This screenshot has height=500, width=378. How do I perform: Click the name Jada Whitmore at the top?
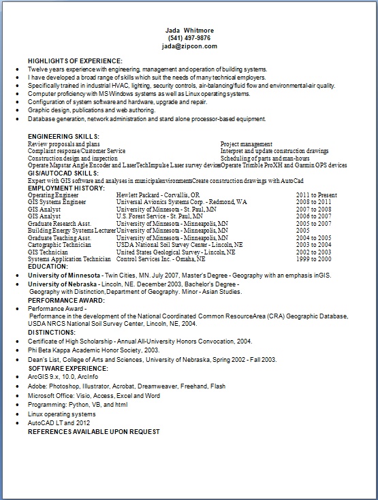tap(188, 30)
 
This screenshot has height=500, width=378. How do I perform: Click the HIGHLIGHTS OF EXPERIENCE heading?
tap(75, 61)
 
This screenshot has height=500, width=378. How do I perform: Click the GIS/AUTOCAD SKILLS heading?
tap(63, 173)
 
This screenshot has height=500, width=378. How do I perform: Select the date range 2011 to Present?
tap(317, 195)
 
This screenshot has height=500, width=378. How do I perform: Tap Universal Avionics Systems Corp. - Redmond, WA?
tap(182, 202)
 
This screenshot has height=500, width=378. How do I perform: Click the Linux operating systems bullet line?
tap(61, 414)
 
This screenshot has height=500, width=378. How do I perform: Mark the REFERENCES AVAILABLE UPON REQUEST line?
tap(93, 431)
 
